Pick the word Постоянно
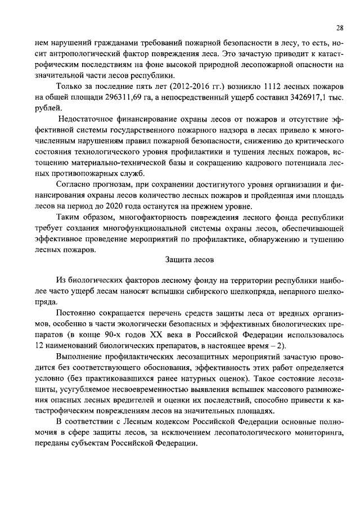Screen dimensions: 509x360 click(x=76, y=312)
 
